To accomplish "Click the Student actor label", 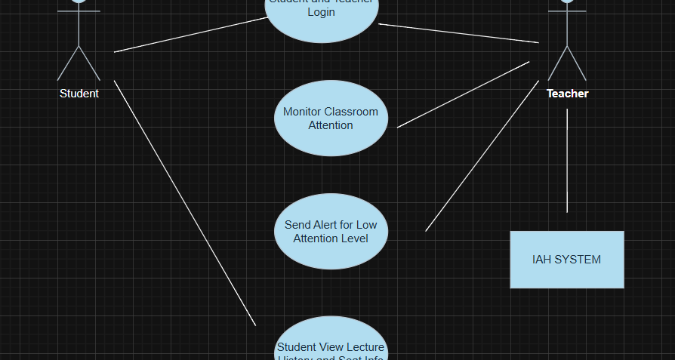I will pyautogui.click(x=79, y=94).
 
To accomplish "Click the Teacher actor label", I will pyautogui.click(x=568, y=94).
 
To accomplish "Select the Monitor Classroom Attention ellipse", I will pyautogui.click(x=331, y=118).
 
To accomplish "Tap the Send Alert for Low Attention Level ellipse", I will pyautogui.click(x=331, y=232).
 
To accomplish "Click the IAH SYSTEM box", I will pyautogui.click(x=567, y=260).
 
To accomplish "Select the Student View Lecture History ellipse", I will pyautogui.click(x=331, y=343).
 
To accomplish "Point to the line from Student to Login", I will pyautogui.click(x=189, y=35).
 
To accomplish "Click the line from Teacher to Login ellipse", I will pyautogui.click(x=458, y=32).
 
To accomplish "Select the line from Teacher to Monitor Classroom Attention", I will pyautogui.click(x=463, y=94).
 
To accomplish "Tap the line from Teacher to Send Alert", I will pyautogui.click(x=482, y=155).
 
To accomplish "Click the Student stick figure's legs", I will pyautogui.click(x=79, y=63).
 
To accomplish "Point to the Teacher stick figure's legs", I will pyautogui.click(x=567, y=63).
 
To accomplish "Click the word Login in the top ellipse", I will pyautogui.click(x=322, y=13).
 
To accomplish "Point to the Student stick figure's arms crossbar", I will pyautogui.click(x=79, y=11).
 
